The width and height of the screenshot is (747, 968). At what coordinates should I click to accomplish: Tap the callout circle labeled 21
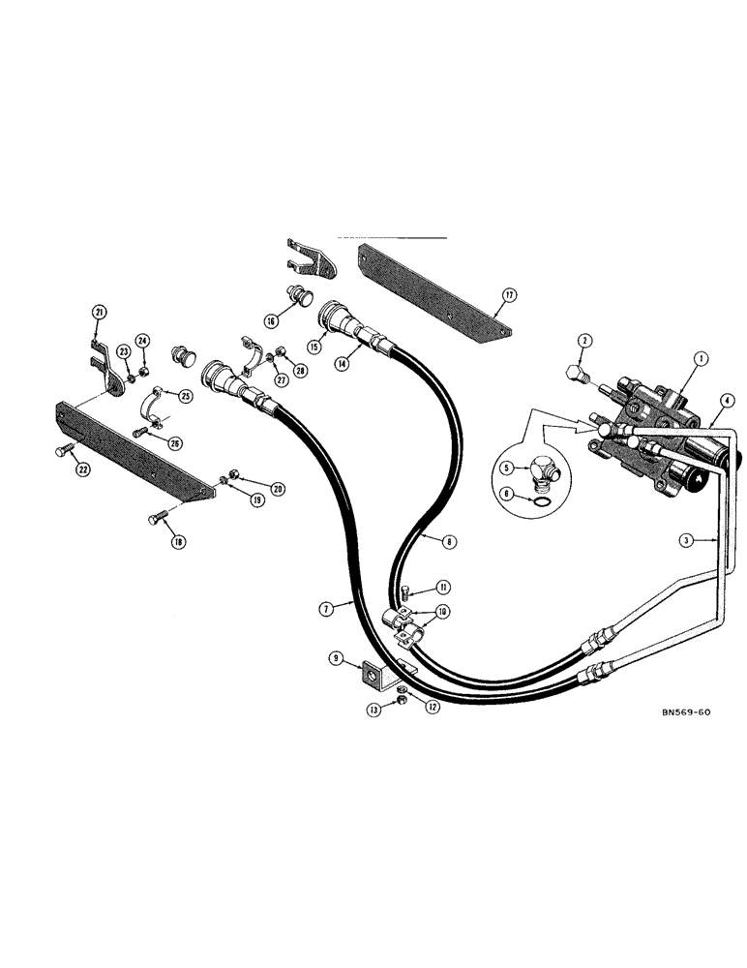(98, 311)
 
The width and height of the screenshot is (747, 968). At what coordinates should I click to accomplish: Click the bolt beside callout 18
(158, 523)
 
